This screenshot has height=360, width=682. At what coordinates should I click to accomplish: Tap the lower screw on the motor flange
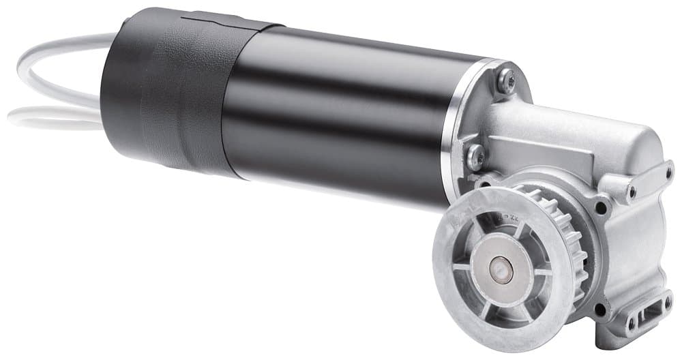click(475, 157)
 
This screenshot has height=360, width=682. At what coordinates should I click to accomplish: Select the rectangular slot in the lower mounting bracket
click(648, 318)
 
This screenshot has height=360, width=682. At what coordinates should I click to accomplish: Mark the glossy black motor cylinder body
click(341, 116)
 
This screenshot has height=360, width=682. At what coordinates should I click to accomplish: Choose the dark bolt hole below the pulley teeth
click(600, 310)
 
